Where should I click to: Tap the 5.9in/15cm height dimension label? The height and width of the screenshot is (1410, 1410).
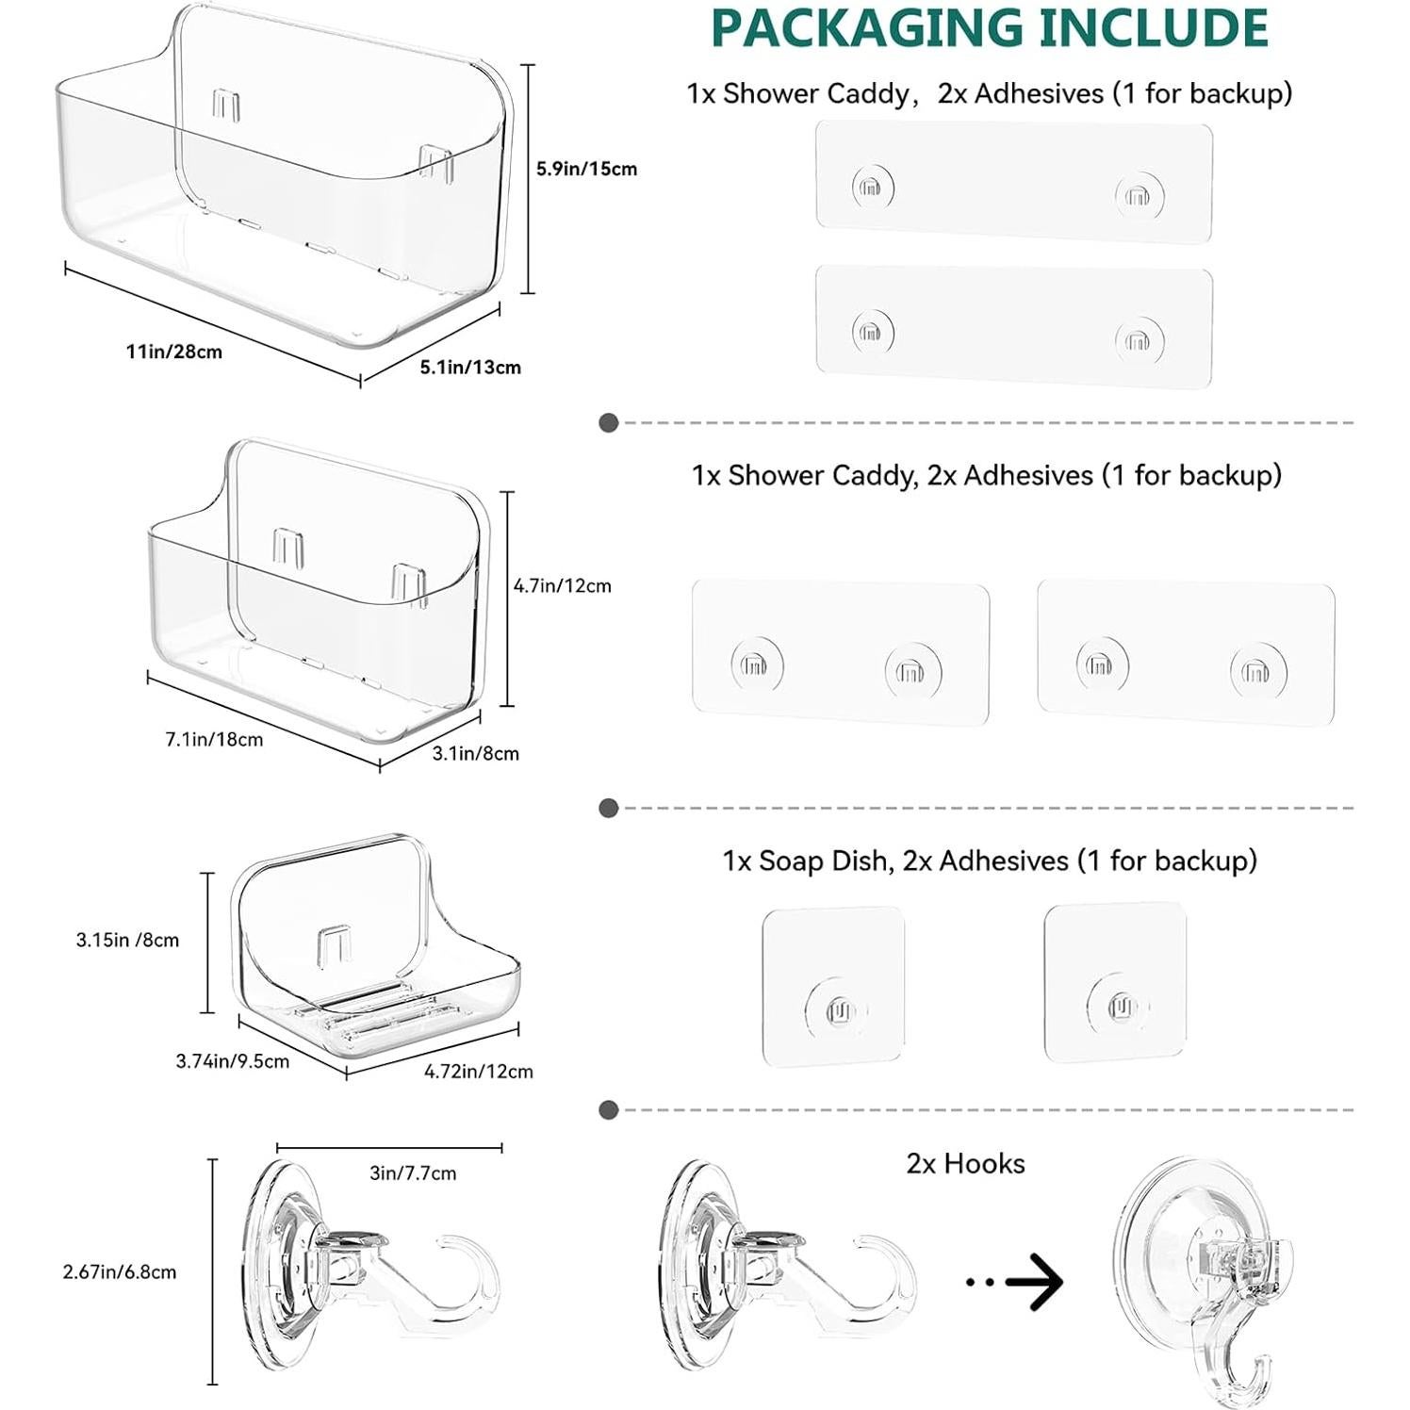coord(586,169)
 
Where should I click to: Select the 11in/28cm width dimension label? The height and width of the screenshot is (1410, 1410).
coord(174,352)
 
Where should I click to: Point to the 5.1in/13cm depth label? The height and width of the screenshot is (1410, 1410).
coord(470,367)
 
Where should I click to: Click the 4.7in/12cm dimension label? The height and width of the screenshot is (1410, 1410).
coord(562,585)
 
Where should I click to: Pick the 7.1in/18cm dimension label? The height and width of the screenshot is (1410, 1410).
coord(214,739)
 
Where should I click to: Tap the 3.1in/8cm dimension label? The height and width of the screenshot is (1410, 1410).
coord(475,753)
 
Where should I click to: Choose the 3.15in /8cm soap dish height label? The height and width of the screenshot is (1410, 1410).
coord(127,940)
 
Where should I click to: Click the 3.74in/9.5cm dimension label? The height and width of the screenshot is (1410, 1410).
coord(233,1061)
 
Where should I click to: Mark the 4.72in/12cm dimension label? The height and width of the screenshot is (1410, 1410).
coord(479,1071)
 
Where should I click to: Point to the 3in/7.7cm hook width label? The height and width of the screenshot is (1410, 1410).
coord(413,1172)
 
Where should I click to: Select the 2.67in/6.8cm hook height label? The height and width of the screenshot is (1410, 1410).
coord(120,1271)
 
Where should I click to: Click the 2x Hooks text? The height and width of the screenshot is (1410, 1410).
coord(965,1163)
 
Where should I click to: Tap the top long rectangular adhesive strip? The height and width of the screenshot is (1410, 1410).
coord(1013,182)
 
